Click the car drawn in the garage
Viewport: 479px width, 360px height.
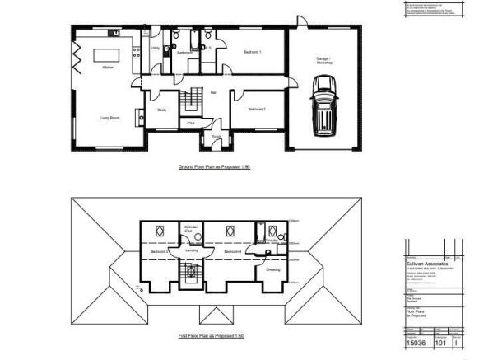[323, 106]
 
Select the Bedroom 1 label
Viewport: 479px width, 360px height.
[253, 53]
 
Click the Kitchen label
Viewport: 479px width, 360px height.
[108, 68]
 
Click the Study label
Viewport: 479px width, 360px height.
[162, 109]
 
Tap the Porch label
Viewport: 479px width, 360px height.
[216, 137]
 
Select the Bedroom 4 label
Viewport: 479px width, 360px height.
[232, 251]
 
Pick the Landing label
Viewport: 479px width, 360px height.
[192, 250]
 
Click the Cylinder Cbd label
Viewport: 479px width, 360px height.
[189, 230]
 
